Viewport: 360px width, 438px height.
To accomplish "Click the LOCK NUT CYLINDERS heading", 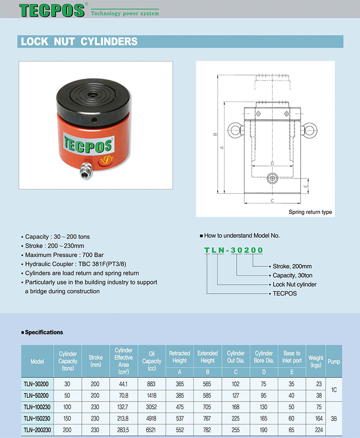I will (x=79, y=42).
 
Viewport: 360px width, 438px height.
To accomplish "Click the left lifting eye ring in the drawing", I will (x=234, y=130).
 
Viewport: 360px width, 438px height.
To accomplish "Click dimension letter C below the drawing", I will (x=272, y=201).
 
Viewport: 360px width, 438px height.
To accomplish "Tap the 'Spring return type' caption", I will (x=310, y=212).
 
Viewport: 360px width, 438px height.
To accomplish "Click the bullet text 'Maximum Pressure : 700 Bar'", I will (x=62, y=255).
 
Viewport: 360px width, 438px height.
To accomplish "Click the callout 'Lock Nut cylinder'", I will (x=294, y=285).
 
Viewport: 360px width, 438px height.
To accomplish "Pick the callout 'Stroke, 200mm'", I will (x=292, y=266).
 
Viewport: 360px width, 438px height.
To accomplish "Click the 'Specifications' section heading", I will (x=44, y=332).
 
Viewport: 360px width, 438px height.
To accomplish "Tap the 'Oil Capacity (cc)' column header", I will (x=152, y=361).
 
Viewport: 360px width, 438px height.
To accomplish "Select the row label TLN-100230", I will (x=37, y=407).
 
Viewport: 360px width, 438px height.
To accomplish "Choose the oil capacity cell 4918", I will (x=152, y=418).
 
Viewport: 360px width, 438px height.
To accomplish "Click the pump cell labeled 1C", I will (x=333, y=390).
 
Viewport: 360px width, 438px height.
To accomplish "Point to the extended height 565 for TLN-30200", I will (x=207, y=384).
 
